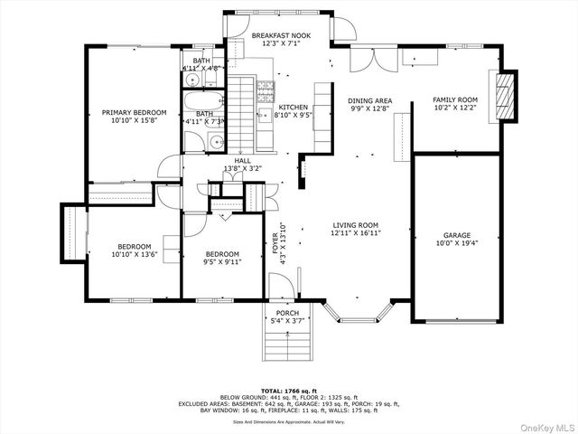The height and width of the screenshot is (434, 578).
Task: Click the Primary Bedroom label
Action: (133, 113)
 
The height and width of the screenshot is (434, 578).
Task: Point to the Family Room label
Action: (455, 99)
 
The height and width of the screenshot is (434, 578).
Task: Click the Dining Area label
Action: (370, 100)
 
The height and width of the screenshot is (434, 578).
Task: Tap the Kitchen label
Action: (293, 107)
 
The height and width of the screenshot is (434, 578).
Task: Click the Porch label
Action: (287, 313)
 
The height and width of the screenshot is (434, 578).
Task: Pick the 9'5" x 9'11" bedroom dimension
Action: (221, 263)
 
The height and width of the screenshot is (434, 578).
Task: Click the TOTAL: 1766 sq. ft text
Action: (289, 389)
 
